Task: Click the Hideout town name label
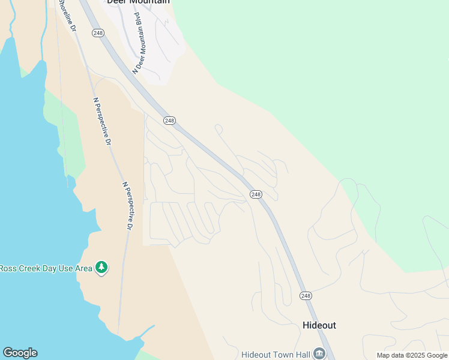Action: tap(319, 325)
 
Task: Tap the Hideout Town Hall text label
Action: tap(276, 355)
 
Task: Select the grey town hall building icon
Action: tap(321, 354)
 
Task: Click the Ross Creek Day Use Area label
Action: tap(46, 268)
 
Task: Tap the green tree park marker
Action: tap(101, 267)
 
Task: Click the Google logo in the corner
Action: tap(20, 353)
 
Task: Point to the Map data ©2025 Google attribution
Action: tap(412, 355)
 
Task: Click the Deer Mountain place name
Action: tap(138, 2)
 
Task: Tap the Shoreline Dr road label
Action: tap(67, 14)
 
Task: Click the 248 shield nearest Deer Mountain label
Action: tap(98, 33)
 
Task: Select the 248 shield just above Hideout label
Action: tap(306, 296)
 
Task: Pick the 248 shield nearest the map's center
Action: tap(256, 194)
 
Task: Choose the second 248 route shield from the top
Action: tap(169, 121)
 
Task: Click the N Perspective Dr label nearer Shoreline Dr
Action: tap(102, 122)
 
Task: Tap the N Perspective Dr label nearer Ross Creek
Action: tap(127, 206)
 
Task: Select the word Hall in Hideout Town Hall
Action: tap(302, 355)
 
